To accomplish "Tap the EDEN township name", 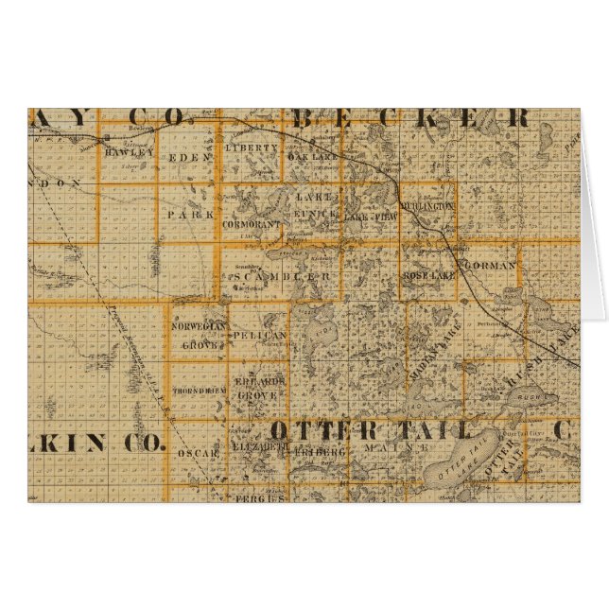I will point(186,158).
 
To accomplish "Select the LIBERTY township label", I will point(252,148).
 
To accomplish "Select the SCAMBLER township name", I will point(279,277).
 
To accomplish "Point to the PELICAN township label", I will point(257,336).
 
